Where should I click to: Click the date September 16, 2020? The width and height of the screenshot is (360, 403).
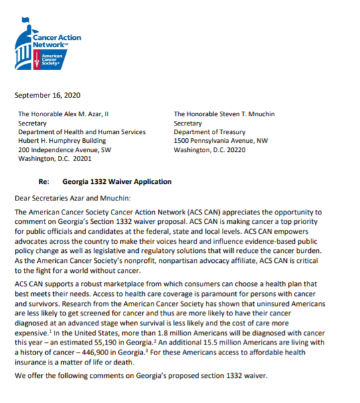pos(44,95)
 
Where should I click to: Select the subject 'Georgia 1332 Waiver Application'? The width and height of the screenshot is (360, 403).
pos(117,181)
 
